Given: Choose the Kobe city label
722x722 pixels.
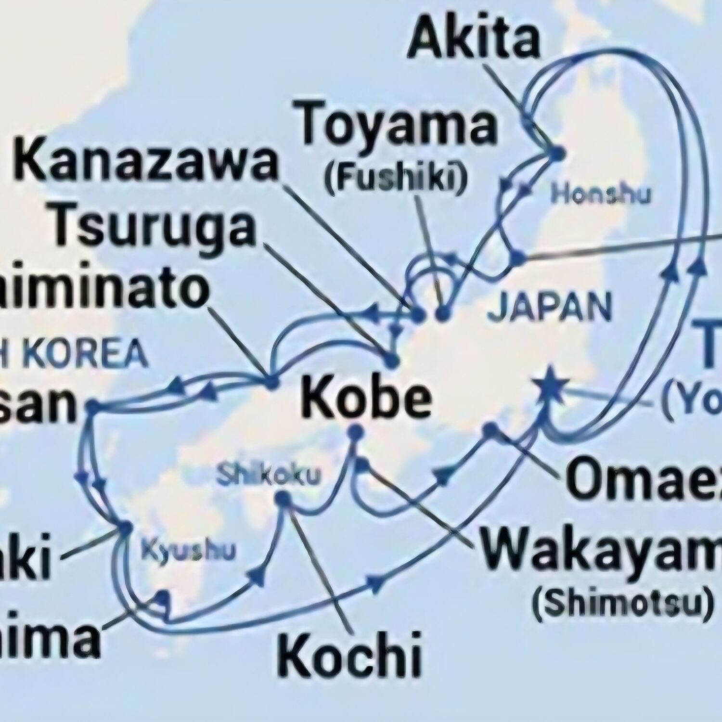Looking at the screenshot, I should (366, 400).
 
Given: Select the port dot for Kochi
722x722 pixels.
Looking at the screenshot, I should (283, 501).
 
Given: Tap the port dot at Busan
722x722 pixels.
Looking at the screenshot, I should (93, 407).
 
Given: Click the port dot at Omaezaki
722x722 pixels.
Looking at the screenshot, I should (490, 429).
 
